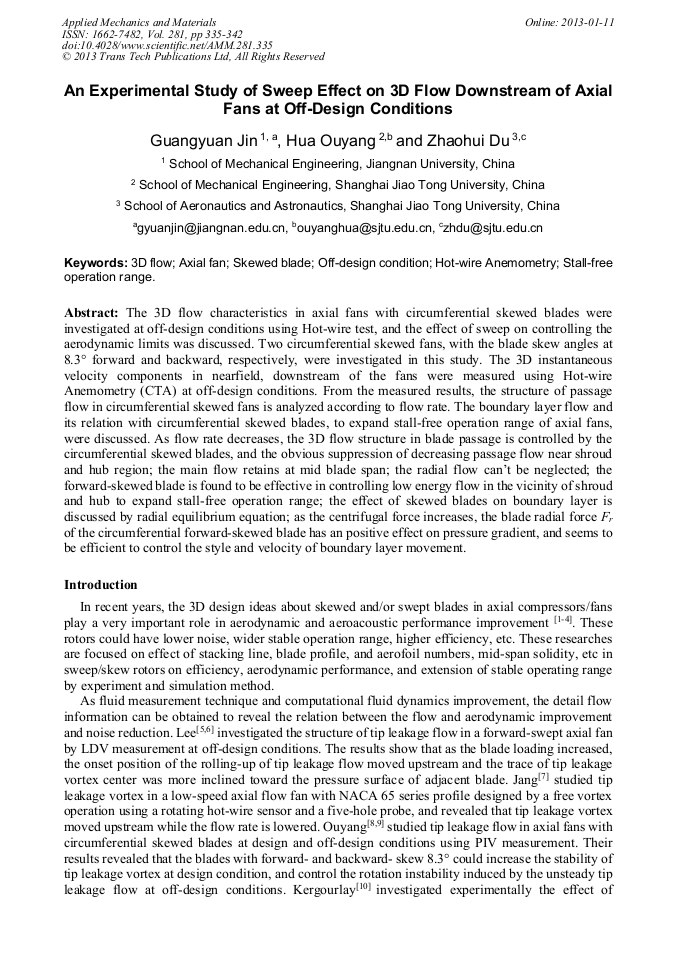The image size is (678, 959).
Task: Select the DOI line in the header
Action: tap(167, 45)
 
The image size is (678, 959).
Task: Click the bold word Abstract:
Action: tap(93, 312)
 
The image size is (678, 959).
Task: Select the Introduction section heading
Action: tap(101, 584)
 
